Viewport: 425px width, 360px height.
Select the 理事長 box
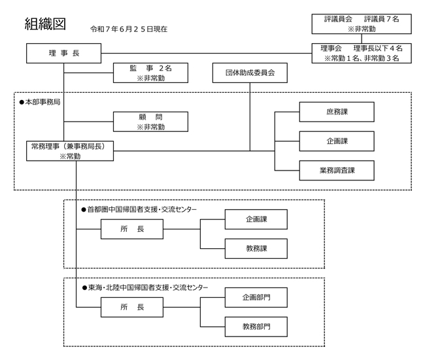(x=64, y=53)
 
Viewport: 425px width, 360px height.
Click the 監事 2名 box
(x=150, y=72)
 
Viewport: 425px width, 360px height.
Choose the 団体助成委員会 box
(x=250, y=73)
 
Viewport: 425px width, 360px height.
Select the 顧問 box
(x=150, y=122)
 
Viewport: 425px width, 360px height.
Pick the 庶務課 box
(x=337, y=112)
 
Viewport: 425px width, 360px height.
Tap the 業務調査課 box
(x=337, y=170)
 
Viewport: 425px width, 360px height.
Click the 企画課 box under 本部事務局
(x=337, y=141)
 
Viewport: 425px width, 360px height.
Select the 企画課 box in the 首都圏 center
(x=256, y=220)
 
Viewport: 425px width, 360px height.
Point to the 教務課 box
(x=256, y=248)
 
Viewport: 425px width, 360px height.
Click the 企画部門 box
(x=256, y=297)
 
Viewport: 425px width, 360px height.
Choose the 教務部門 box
(x=256, y=326)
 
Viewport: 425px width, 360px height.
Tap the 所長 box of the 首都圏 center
(x=132, y=230)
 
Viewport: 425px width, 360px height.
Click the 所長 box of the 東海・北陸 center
(x=132, y=307)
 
